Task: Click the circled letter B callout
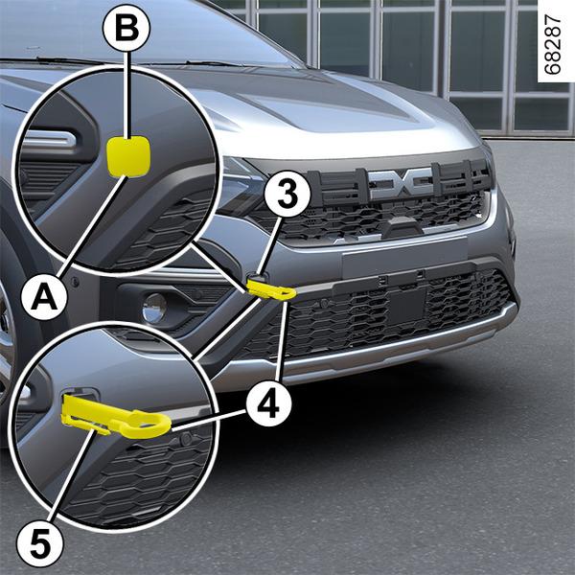coord(126,28)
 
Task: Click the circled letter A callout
coord(45,296)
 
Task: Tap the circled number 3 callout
coord(287,194)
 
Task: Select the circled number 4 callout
coord(269,403)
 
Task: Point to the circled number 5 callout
coord(39,543)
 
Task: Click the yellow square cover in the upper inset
coord(128,156)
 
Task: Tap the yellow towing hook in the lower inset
coord(116,418)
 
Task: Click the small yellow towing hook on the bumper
coord(270,287)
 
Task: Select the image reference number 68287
coord(553,44)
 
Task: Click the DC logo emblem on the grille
coord(401,183)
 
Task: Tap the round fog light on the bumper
coord(154,308)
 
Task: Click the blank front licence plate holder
coord(404,257)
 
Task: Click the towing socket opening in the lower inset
coord(80,394)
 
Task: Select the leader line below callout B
coord(127,94)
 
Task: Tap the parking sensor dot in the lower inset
coord(186,438)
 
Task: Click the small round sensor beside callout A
coord(75,282)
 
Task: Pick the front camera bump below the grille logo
coord(402,224)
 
